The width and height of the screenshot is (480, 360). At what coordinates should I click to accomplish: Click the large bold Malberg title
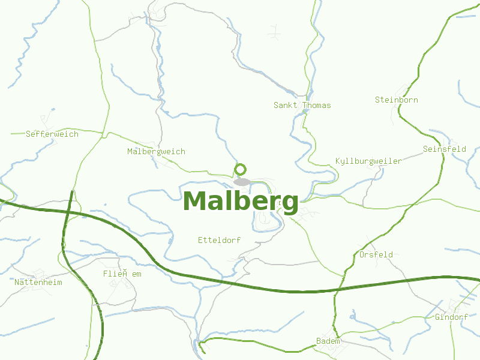click(x=241, y=202)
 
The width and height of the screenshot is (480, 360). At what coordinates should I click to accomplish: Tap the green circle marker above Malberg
click(x=241, y=169)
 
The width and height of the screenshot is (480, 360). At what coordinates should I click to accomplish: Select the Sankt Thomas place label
click(x=302, y=105)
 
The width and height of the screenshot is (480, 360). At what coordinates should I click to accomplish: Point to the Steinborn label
click(x=396, y=100)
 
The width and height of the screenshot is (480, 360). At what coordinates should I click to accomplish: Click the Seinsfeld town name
click(x=444, y=149)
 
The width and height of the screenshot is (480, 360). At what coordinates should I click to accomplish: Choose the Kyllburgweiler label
click(x=368, y=161)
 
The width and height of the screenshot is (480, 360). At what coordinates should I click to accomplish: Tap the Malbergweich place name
click(x=156, y=151)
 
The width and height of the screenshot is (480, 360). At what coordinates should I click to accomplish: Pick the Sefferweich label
click(x=52, y=134)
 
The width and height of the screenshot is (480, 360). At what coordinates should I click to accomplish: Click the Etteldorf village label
click(x=219, y=240)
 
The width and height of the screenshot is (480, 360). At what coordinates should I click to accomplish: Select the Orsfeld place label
click(x=376, y=254)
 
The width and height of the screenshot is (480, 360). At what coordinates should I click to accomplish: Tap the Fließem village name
click(x=122, y=274)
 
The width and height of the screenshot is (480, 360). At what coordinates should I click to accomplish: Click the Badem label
click(x=328, y=341)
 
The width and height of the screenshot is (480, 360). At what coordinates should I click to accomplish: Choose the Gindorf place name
click(x=451, y=317)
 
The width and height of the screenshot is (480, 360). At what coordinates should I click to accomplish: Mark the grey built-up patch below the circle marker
click(x=242, y=181)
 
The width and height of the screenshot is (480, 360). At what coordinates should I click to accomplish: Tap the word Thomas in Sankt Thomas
click(x=316, y=105)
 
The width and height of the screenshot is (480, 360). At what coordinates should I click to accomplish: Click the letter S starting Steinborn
click(x=377, y=100)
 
